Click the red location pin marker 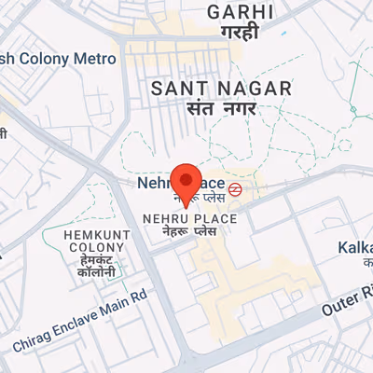pyautogui.click(x=188, y=184)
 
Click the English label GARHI pyautogui.click(x=241, y=12)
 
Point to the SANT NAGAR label pyautogui.click(x=221, y=89)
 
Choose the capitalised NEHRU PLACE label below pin pyautogui.click(x=189, y=218)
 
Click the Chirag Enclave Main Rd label pyautogui.click(x=81, y=320)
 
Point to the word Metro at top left pyautogui.click(x=94, y=58)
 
